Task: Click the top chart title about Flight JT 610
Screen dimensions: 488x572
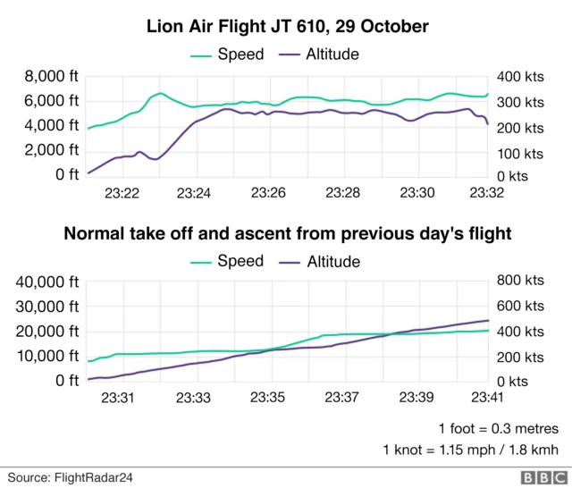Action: tap(288, 27)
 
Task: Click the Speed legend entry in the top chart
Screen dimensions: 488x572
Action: tap(229, 55)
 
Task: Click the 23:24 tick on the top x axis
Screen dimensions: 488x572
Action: tap(194, 192)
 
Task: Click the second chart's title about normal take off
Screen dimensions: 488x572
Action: tap(287, 234)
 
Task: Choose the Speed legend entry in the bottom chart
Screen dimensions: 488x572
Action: tap(229, 261)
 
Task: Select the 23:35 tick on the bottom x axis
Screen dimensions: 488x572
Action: tap(267, 398)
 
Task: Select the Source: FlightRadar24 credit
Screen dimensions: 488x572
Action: tap(71, 476)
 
